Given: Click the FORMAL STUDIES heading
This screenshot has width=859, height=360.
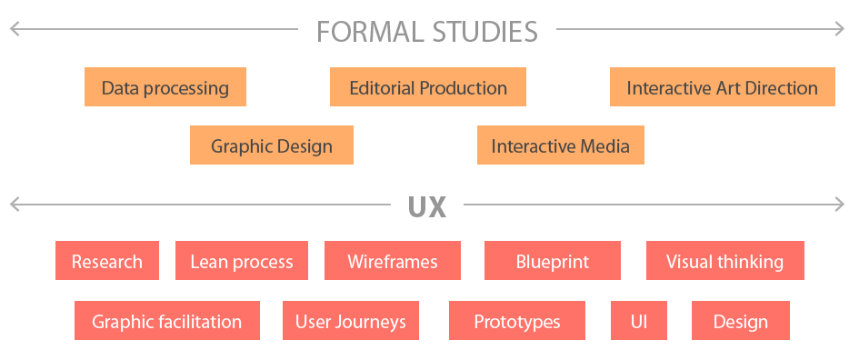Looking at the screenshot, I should point(427,32).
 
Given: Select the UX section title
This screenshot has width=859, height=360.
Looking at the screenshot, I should point(427,206).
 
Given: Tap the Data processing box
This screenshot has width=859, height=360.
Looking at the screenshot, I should point(165,88).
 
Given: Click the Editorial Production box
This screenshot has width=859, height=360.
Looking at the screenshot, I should point(428,88).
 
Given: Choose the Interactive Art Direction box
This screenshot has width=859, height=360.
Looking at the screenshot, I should point(722,88).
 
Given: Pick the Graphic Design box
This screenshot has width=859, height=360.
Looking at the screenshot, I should point(272,145).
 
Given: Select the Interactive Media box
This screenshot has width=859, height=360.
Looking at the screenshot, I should point(560,145).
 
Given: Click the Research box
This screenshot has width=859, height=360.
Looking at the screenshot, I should point(107,261).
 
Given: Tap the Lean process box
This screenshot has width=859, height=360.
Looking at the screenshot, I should point(242,261).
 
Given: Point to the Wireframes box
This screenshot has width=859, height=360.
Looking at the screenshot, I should point(393,261).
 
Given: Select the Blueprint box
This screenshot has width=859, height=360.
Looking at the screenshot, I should point(553,261).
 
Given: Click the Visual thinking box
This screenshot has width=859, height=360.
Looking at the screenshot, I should point(724,261).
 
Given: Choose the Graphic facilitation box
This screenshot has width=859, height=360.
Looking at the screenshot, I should point(167,321).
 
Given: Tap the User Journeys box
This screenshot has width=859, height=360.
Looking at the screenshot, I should point(351,321).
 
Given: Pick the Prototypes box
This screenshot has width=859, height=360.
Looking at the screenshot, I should point(517,321).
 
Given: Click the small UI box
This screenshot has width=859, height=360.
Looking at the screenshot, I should point(639,321).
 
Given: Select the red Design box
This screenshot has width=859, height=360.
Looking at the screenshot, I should point(740,321).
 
